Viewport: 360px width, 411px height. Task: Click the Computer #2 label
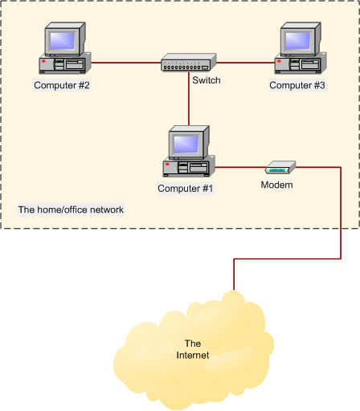click(62, 84)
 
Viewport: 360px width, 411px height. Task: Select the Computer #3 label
click(296, 84)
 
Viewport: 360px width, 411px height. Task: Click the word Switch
click(206, 80)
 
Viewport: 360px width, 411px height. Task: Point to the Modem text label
click(276, 185)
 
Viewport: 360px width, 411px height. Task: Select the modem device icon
click(280, 168)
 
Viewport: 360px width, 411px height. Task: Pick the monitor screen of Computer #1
click(186, 143)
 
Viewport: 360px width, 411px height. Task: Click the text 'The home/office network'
click(71, 210)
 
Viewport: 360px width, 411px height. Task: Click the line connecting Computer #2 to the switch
click(125, 61)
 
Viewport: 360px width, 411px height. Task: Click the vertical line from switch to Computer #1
click(189, 100)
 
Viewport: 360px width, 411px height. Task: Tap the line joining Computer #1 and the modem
click(239, 168)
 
